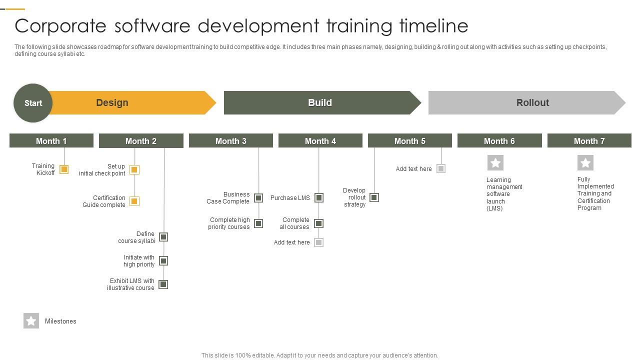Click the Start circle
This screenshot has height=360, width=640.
coord(33,103)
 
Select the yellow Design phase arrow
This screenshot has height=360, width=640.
coord(130,102)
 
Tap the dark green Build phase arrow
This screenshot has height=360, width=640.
coord(320,102)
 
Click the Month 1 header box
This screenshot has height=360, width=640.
coord(51,141)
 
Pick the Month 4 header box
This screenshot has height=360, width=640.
coord(320,141)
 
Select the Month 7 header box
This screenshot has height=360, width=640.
coord(589,141)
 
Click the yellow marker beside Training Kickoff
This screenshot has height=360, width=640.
coord(64,169)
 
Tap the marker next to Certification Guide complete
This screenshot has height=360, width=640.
coord(134,201)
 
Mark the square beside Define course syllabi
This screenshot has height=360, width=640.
coord(163,237)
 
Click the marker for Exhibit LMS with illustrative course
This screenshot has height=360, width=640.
coord(163,284)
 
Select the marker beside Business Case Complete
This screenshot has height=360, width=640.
coord(258,198)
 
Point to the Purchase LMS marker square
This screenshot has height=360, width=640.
coord(319,198)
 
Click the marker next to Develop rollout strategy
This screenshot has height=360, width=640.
coord(374,197)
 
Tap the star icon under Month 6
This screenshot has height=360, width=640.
coord(495,162)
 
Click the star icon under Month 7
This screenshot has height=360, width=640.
coord(585,162)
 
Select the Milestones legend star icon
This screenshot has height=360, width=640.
coord(31,321)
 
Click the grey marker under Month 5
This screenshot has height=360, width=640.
coord(441,168)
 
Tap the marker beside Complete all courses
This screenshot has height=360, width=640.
coord(318,223)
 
